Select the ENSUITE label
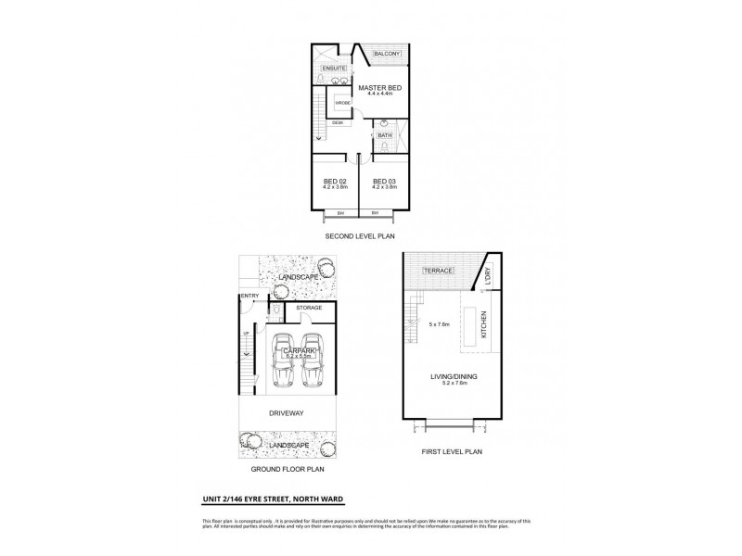pos(334,69)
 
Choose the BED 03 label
pos(384,180)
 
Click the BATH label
pos(384,135)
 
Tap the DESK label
pos(338,122)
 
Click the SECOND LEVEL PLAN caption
pos(358,237)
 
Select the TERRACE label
pos(438,271)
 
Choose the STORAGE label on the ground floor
pos(309,308)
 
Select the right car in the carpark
pos(313,360)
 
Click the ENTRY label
pos(248,297)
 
